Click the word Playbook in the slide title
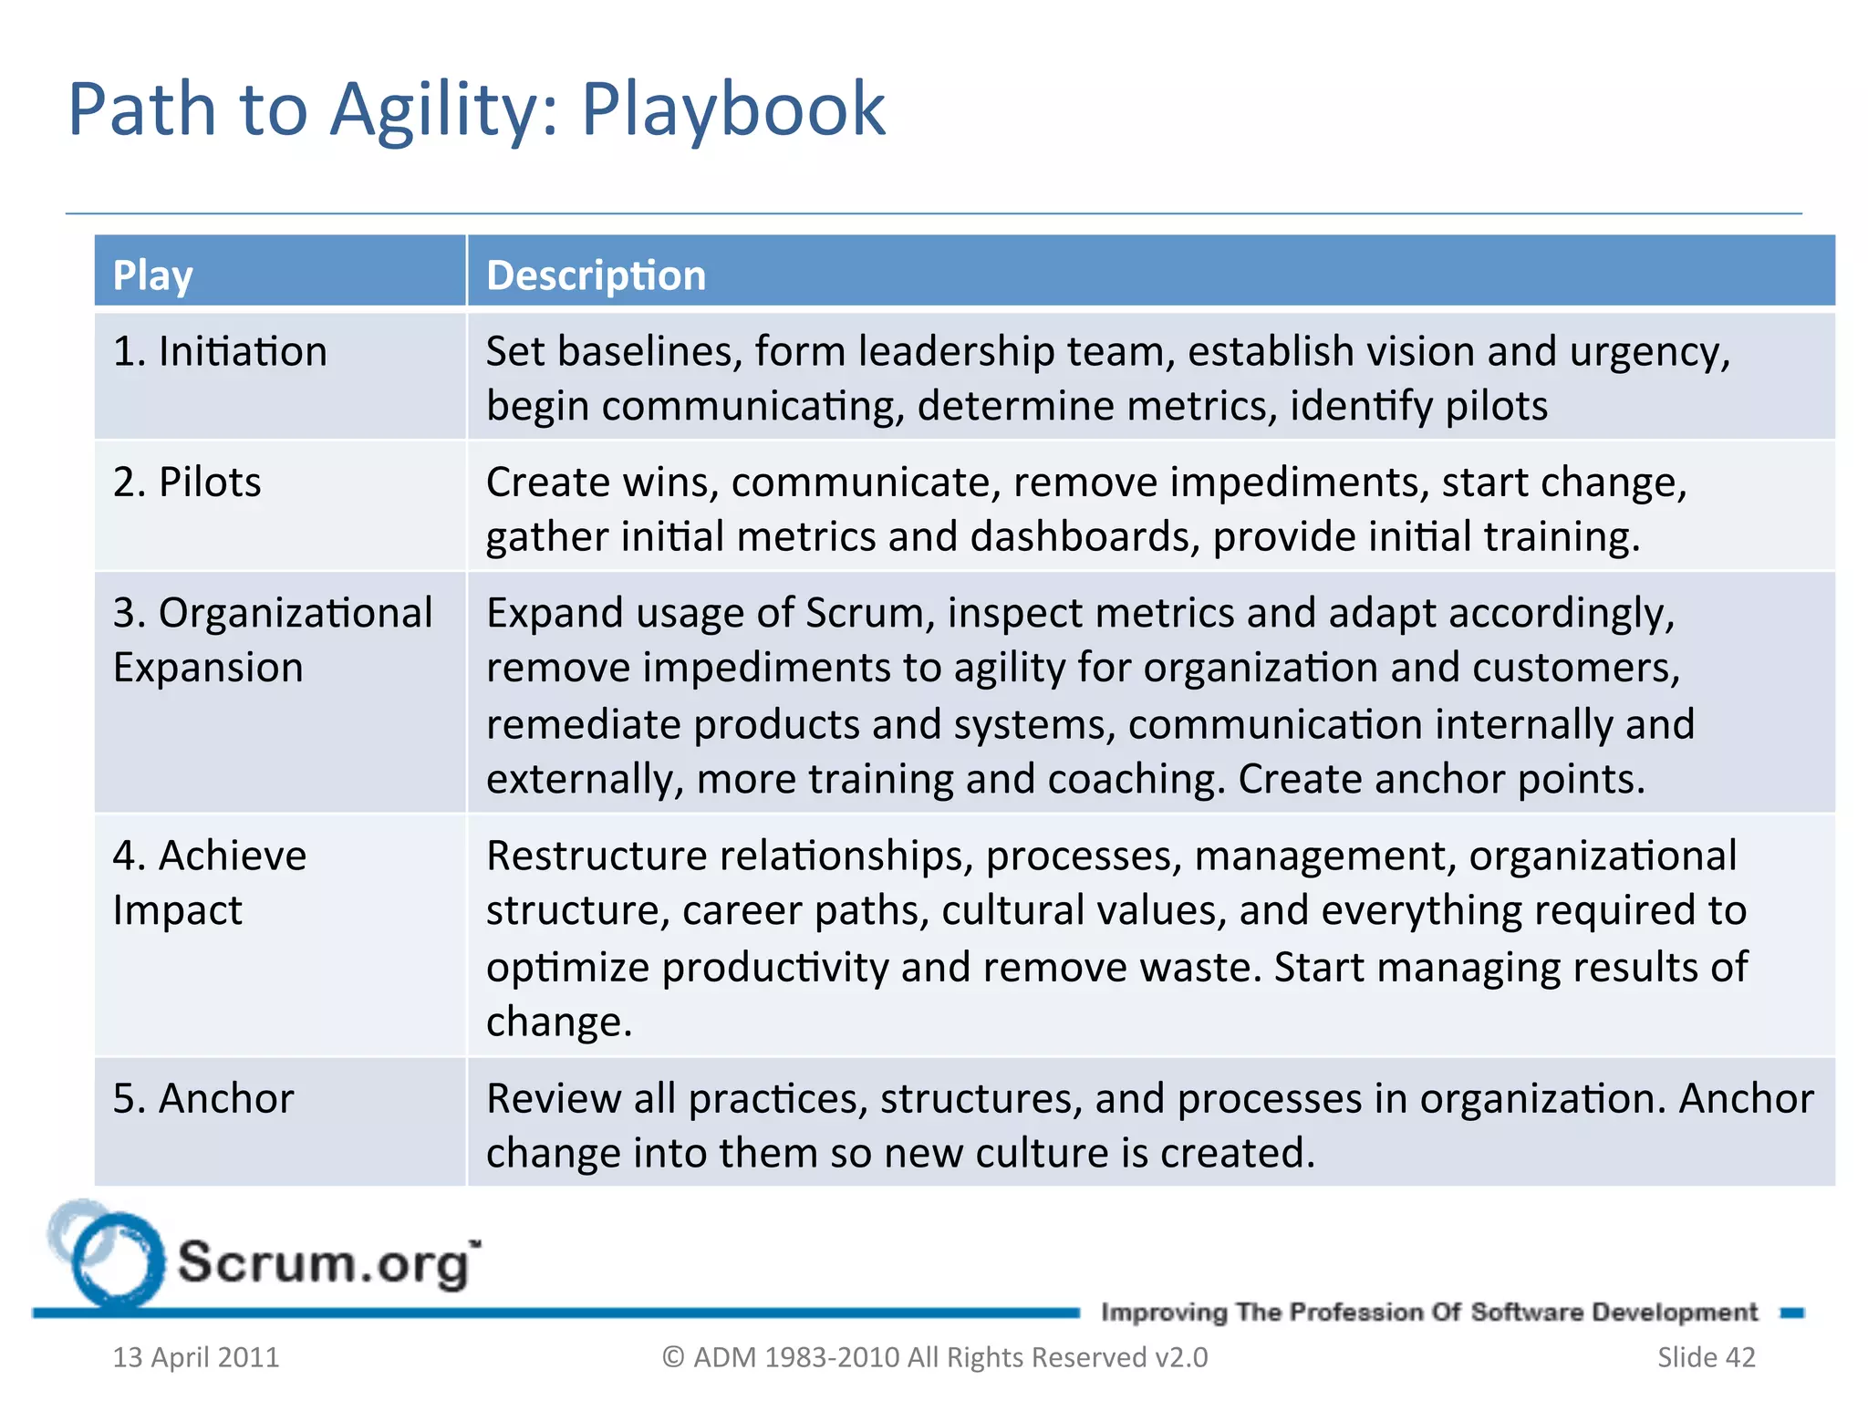click(x=732, y=110)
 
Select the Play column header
click(x=152, y=275)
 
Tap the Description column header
click(x=596, y=275)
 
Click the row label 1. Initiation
click(x=220, y=352)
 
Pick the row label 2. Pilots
click(x=187, y=483)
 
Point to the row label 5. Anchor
click(x=203, y=1098)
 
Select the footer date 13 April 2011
click(x=196, y=1357)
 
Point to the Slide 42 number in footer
click(x=1706, y=1357)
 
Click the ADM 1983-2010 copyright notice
click(x=935, y=1357)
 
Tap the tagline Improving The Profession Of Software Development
click(x=1428, y=1313)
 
